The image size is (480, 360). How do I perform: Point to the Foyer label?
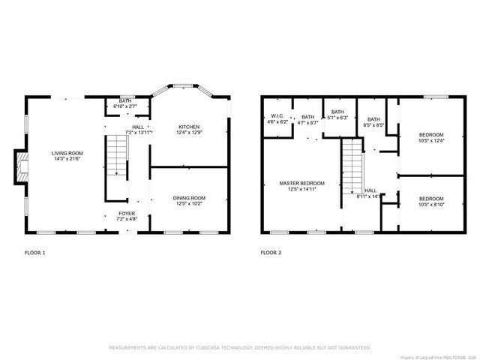point(127,214)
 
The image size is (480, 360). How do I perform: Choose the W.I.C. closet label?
point(277,116)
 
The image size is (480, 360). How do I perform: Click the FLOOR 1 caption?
point(35,253)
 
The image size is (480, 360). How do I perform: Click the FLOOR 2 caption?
point(271,253)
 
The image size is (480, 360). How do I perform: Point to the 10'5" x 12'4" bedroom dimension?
point(431,140)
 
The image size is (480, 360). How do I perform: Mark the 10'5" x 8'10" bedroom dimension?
point(431,204)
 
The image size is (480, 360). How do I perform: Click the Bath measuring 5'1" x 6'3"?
point(338,112)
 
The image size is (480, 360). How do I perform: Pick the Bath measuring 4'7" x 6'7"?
point(308,116)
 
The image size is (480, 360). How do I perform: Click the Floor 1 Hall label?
point(138,127)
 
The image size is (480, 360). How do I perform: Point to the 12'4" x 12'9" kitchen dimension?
point(190,132)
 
